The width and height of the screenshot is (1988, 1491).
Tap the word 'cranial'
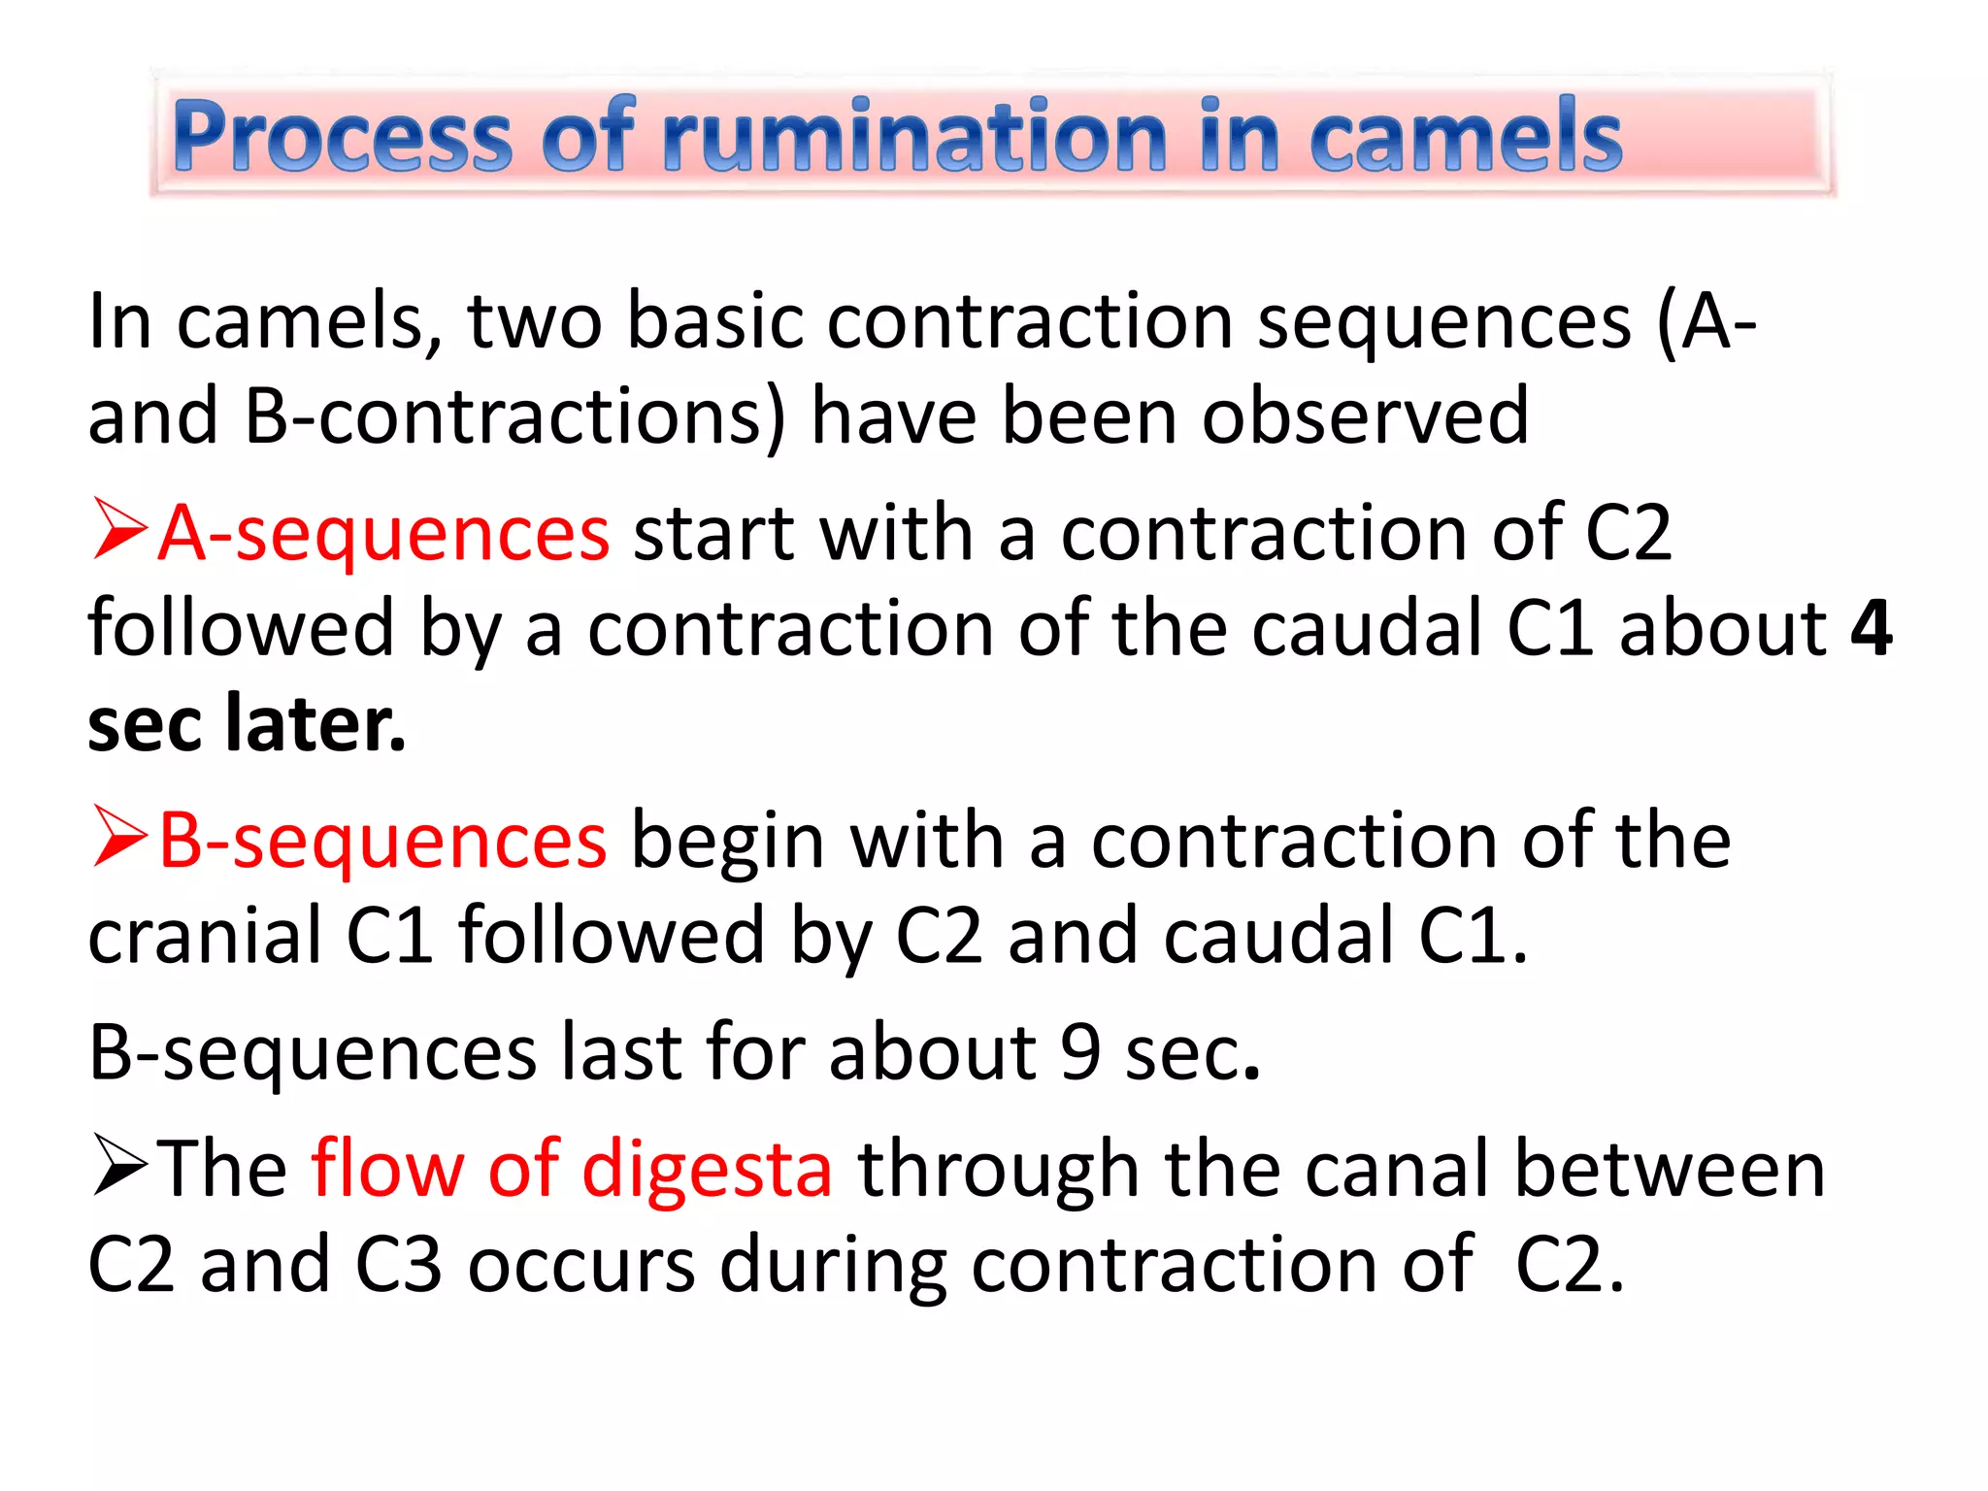[205, 935]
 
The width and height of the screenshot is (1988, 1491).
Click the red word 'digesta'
[707, 1169]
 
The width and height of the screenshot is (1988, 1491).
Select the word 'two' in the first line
[535, 320]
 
